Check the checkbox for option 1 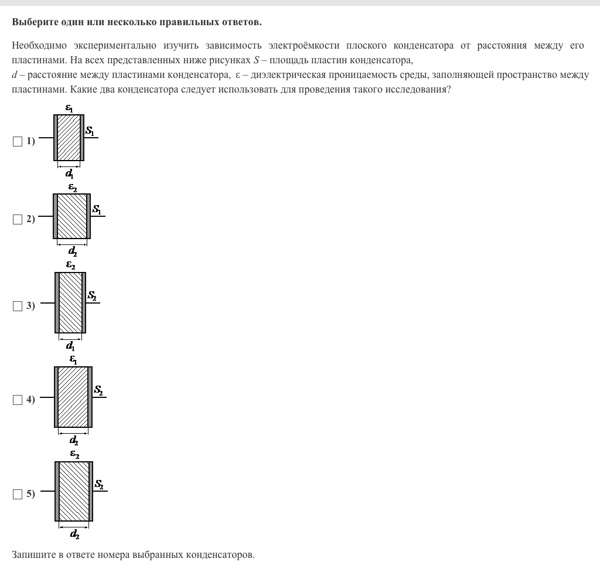click(17, 141)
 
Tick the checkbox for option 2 click(17, 220)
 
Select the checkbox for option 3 click(17, 306)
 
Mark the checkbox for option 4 click(17, 400)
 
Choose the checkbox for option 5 click(17, 495)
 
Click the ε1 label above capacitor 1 click(69, 108)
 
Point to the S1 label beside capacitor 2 click(97, 210)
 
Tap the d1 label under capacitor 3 click(70, 346)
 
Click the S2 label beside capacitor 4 click(98, 390)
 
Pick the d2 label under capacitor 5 click(74, 534)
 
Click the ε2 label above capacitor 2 click(73, 188)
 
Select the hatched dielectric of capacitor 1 click(69, 137)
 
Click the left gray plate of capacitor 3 click(57, 302)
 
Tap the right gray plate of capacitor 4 click(90, 397)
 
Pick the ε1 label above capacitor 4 click(73, 359)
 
